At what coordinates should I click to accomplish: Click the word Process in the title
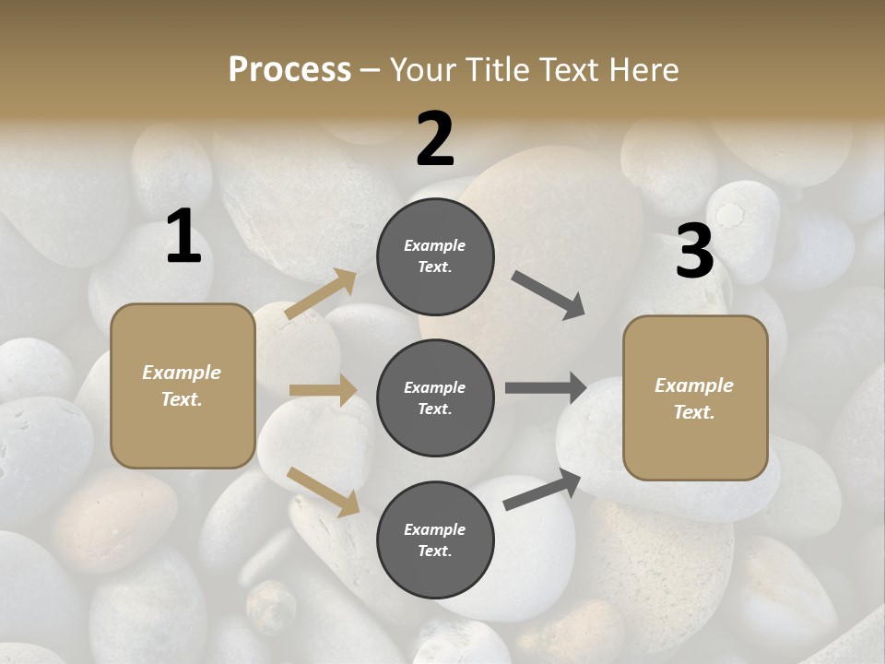click(289, 69)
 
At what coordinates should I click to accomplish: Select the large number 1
click(183, 237)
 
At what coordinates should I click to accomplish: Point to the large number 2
click(435, 139)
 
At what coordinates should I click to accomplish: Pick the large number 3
click(694, 251)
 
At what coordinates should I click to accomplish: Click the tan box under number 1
click(183, 385)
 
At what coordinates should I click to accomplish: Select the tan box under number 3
click(695, 398)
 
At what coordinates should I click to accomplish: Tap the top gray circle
click(435, 256)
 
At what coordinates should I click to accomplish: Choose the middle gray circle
click(435, 397)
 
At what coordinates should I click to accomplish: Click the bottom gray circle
click(435, 539)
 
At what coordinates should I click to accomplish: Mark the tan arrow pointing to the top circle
click(321, 294)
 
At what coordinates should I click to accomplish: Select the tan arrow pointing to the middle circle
click(323, 390)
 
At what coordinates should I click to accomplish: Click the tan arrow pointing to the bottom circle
click(323, 492)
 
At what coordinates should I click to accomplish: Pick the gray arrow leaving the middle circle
click(546, 387)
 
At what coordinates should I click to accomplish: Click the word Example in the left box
click(182, 373)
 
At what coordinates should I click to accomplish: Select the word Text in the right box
click(693, 412)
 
